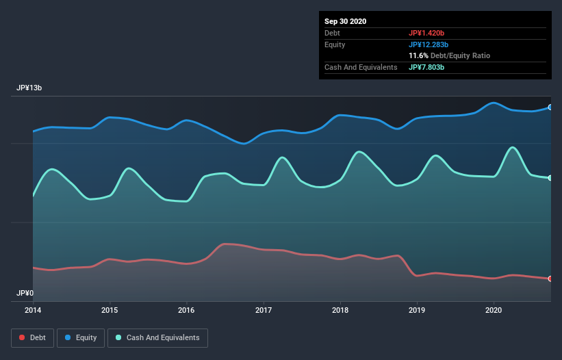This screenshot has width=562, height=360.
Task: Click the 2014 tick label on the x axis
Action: pos(33,310)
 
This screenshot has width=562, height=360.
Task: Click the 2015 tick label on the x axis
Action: pos(110,310)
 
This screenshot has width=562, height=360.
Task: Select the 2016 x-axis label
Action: pos(186,310)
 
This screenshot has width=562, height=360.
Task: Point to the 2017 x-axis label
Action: pos(264,310)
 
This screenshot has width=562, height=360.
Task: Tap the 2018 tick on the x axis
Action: pos(340,310)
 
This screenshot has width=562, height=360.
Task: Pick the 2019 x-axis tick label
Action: pos(417,310)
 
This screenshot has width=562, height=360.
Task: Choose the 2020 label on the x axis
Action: pos(494,310)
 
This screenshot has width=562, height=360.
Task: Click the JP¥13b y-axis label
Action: pos(30,88)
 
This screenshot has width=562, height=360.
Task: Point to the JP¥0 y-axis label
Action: pos(25,293)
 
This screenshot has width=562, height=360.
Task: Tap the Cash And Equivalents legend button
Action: pos(157,337)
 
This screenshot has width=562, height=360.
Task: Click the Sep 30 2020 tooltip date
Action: pos(345,21)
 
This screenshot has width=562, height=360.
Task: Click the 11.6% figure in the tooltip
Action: pos(418,55)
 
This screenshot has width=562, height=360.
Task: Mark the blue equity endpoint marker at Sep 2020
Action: pos(550,107)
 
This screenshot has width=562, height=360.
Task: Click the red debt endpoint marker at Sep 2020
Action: pos(550,279)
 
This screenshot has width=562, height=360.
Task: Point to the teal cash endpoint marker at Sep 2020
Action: pos(550,178)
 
